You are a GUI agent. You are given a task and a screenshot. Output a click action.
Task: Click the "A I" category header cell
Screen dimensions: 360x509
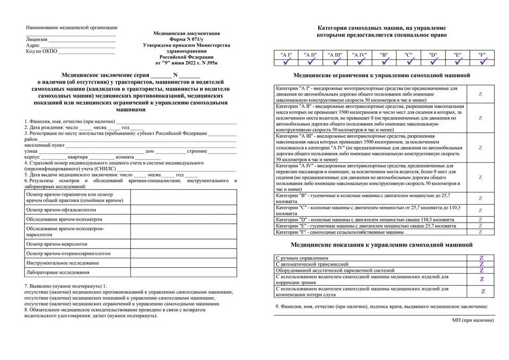point(286,55)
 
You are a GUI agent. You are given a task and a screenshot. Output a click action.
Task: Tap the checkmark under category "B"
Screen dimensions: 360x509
point(384,62)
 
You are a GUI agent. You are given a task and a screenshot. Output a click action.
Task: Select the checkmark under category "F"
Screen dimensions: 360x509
point(482,62)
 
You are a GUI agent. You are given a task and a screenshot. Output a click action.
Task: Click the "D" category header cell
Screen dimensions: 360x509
point(433,55)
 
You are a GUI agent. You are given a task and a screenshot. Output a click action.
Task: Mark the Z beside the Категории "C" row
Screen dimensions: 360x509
point(480,210)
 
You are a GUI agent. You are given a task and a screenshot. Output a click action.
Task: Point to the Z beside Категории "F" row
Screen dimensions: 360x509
point(480,232)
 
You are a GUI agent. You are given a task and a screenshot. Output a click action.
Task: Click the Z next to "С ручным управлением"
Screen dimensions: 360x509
point(481,257)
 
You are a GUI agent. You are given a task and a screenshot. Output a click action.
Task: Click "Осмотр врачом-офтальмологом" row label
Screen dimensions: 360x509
point(55,210)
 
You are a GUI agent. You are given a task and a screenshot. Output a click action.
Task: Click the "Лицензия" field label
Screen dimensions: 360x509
point(37,39)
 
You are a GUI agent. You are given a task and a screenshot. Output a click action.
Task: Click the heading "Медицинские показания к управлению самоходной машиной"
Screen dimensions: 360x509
point(382,245)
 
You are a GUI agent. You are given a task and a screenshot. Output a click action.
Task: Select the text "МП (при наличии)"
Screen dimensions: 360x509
point(473,321)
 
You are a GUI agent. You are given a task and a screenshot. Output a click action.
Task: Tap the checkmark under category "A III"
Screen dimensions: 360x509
point(335,62)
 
